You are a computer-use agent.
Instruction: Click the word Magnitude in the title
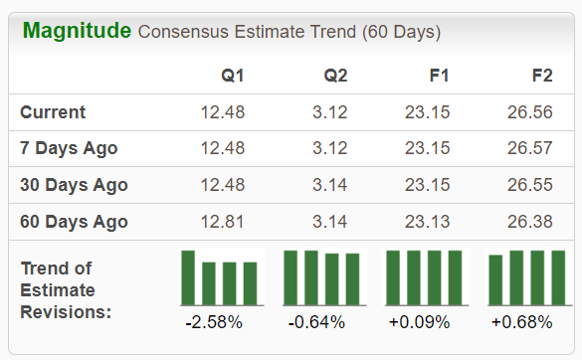click(76, 31)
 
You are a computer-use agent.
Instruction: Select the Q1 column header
click(232, 76)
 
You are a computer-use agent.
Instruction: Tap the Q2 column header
click(335, 76)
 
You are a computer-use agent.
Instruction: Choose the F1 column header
click(438, 76)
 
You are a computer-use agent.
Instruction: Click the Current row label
click(53, 112)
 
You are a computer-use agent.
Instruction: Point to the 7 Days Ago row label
click(69, 148)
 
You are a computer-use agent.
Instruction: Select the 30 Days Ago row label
click(74, 185)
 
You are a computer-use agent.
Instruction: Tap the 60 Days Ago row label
click(74, 221)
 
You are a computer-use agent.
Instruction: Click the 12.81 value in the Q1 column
click(222, 221)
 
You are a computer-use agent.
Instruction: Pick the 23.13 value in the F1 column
click(427, 221)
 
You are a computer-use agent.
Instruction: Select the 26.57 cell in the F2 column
click(530, 148)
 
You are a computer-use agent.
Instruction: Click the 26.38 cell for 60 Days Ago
click(530, 221)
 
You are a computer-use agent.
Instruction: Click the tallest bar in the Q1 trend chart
click(188, 278)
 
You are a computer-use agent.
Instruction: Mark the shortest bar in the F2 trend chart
click(495, 281)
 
